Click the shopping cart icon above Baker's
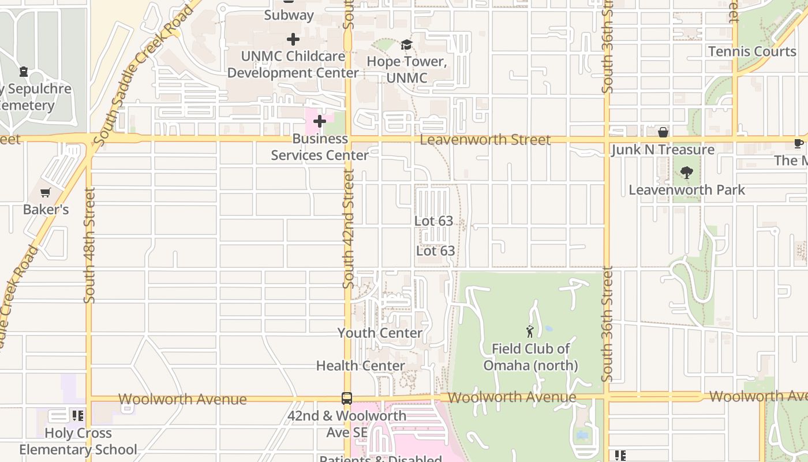[46, 192]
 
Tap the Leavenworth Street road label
[485, 140]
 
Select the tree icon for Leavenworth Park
[686, 172]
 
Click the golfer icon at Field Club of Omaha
[530, 331]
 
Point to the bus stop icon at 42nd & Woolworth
[346, 398]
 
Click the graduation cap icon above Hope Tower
[406, 44]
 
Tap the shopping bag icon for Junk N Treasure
[663, 132]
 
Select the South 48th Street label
[89, 245]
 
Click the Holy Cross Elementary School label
[78, 441]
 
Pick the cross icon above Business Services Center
[319, 121]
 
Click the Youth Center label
[380, 333]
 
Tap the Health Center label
[360, 366]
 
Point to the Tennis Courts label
[751, 51]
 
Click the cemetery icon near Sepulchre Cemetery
[24, 72]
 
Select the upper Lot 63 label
[433, 221]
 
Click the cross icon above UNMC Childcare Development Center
[293, 39]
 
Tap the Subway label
[289, 15]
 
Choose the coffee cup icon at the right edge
[798, 143]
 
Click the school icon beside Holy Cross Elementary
[77, 415]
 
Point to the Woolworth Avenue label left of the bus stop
[182, 399]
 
